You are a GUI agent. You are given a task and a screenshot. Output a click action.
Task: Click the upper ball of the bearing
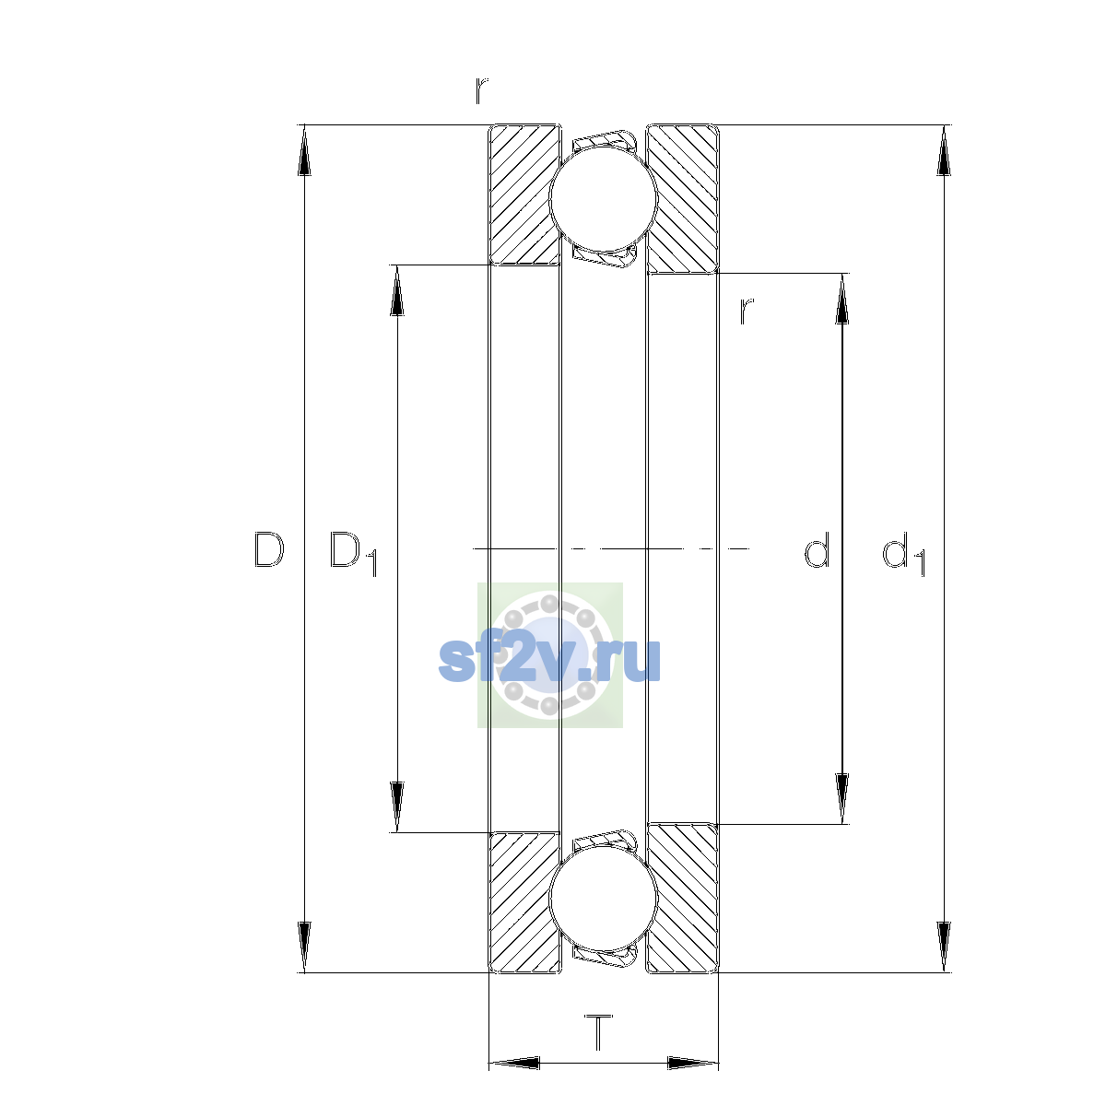[603, 198]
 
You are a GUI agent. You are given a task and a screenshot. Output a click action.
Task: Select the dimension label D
[268, 550]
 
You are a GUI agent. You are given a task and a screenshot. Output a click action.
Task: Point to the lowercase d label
[817, 550]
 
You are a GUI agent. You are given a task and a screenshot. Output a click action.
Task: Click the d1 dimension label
[904, 553]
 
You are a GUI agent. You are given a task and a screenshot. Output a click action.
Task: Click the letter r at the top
[481, 91]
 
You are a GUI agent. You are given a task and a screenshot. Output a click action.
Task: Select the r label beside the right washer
[747, 312]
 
